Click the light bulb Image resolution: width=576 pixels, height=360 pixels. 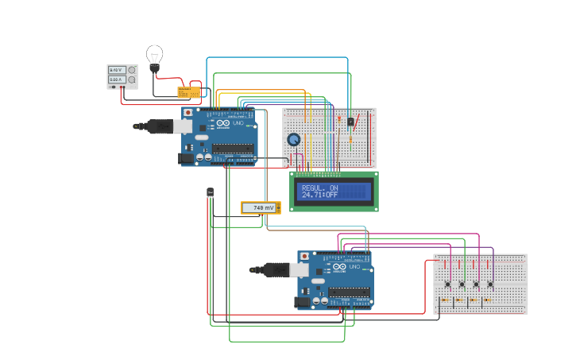click(154, 56)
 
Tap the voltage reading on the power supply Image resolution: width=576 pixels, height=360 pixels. click(115, 71)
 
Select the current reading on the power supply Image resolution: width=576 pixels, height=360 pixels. click(115, 79)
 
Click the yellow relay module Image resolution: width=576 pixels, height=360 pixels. click(189, 92)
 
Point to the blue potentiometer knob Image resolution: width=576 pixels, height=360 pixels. click(294, 140)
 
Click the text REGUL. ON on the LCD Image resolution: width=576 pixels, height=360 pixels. click(319, 188)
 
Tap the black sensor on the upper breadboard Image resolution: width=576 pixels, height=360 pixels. click(350, 122)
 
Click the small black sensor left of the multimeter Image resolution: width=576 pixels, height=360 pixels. click(210, 192)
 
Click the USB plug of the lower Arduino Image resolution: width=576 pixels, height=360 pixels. click(270, 270)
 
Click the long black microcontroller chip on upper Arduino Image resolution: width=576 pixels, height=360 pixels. click(233, 148)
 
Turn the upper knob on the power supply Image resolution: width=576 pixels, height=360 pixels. click(132, 71)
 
